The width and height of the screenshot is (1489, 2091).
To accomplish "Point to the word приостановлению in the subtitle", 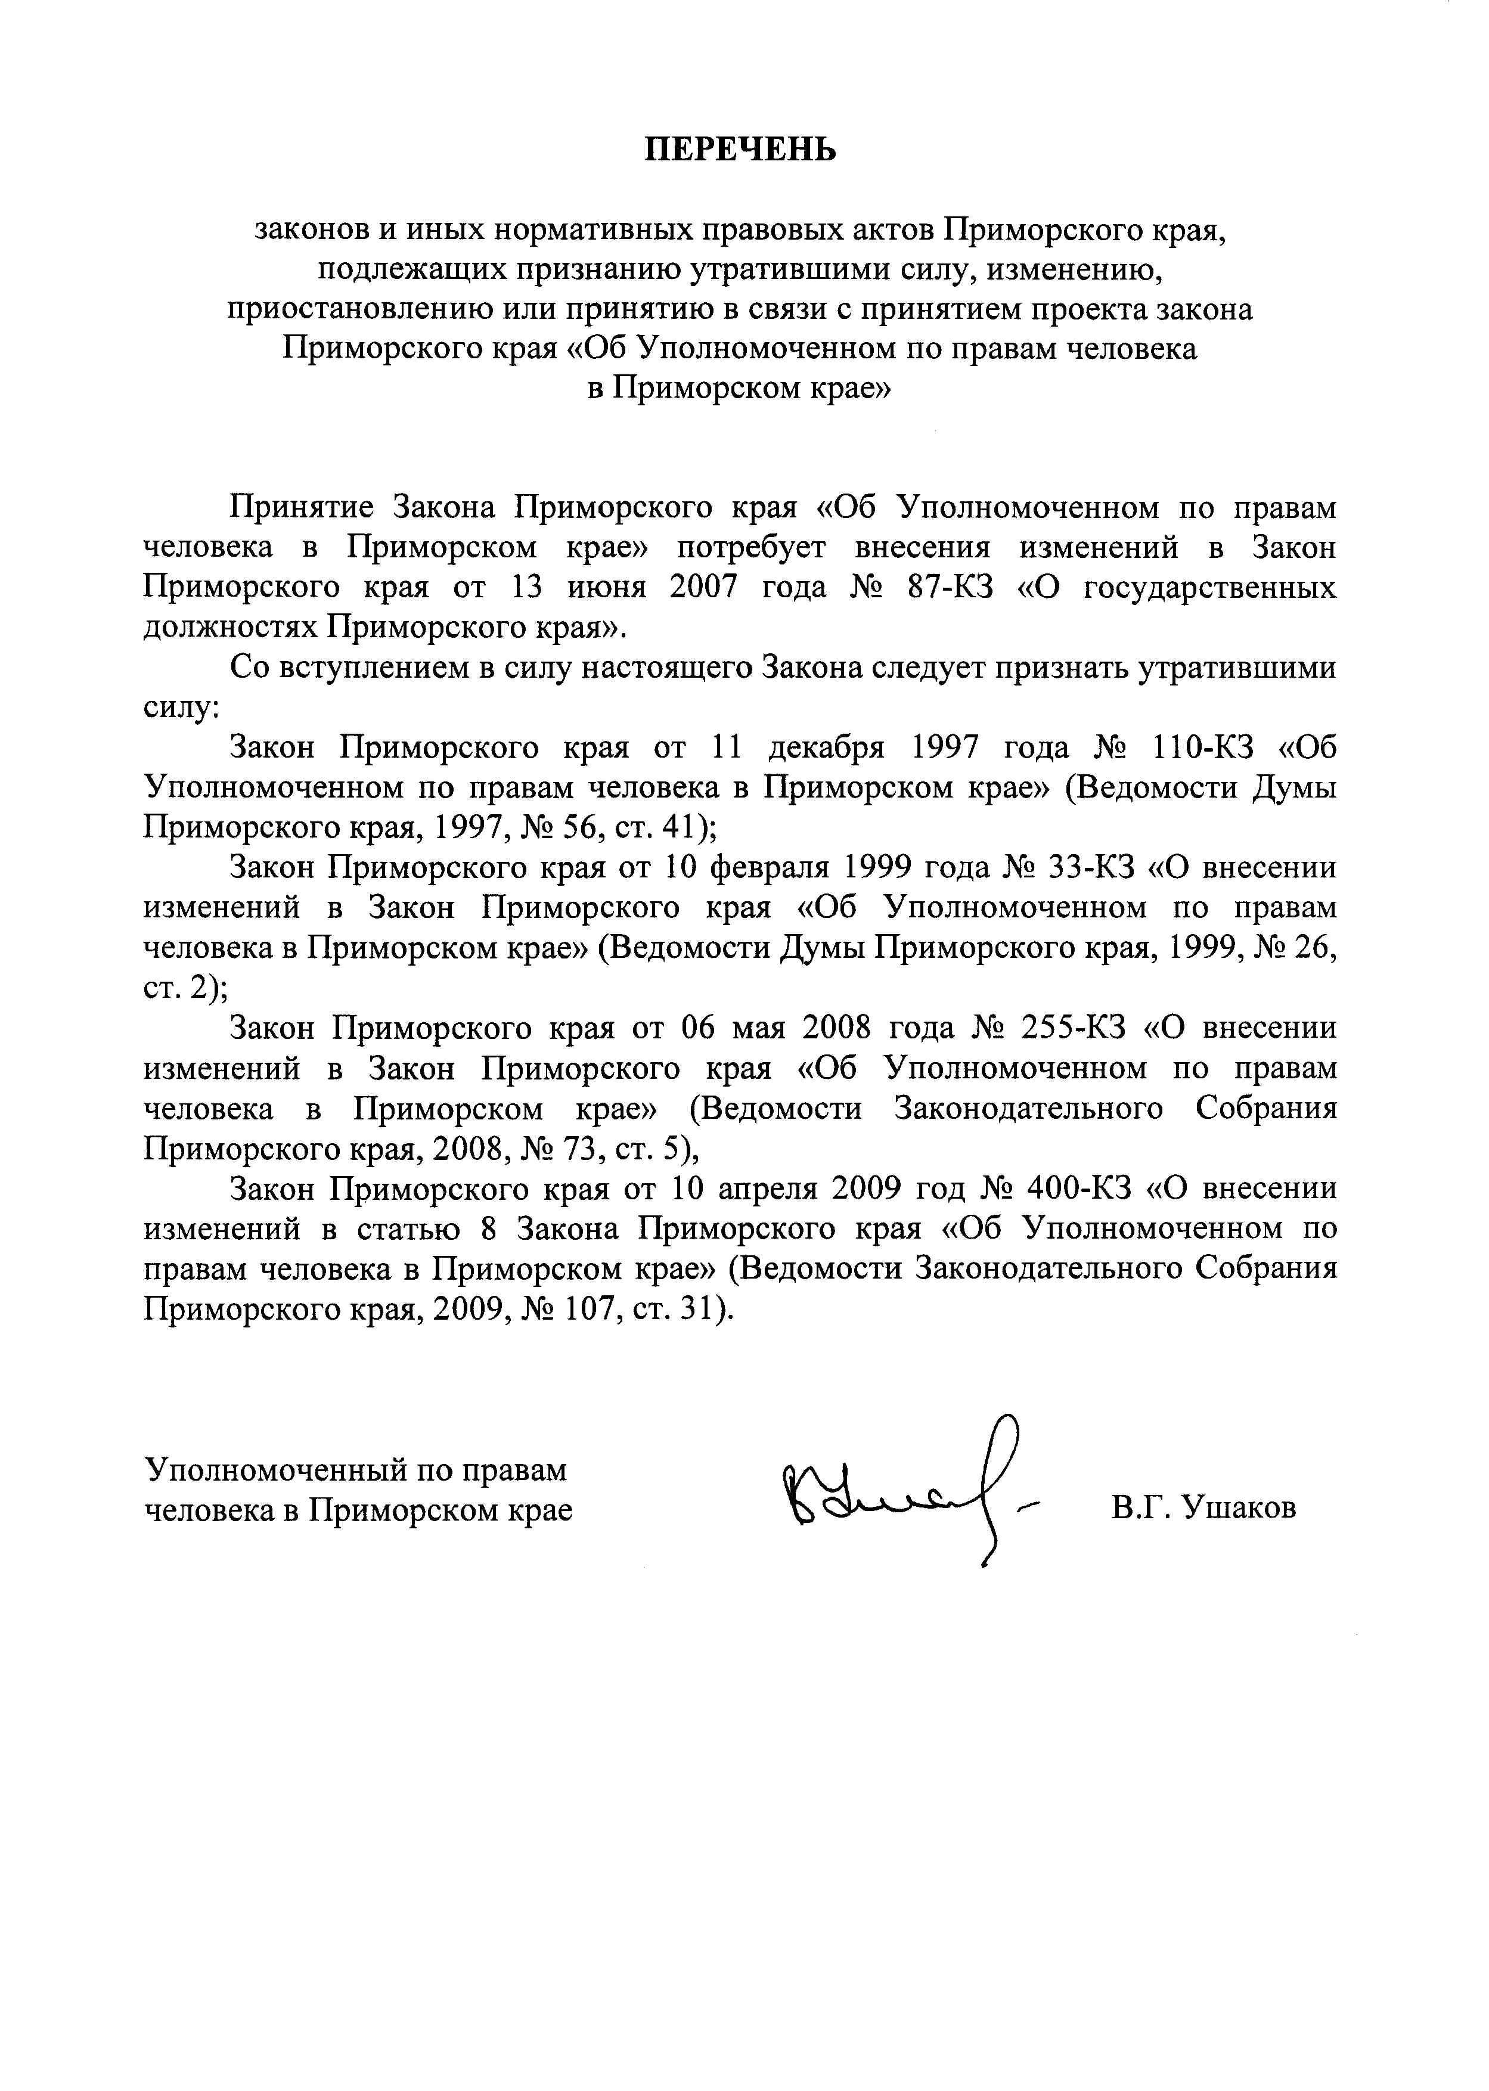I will click(361, 310).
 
